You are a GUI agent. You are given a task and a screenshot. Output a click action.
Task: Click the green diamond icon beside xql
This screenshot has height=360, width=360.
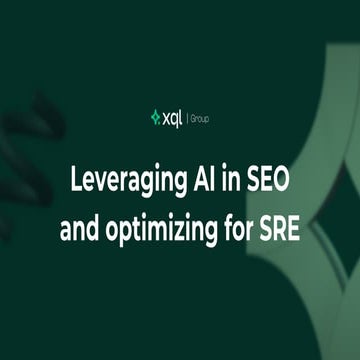pos(154,118)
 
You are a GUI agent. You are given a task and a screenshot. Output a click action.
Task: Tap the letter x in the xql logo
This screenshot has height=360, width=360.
pos(165,119)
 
